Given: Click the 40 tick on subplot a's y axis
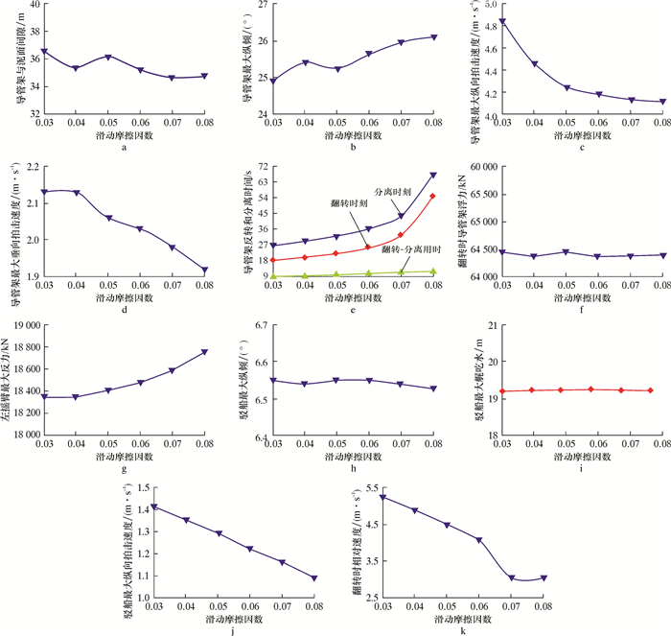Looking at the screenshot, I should pos(29,5).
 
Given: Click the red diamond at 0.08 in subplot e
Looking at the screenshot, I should pos(432,196).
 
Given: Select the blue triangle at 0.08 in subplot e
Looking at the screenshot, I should pos(432,175).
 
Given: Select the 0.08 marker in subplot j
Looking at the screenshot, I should pos(314,577).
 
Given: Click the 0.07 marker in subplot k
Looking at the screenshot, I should pos(513,578).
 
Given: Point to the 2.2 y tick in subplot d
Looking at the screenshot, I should pos(26,166).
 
